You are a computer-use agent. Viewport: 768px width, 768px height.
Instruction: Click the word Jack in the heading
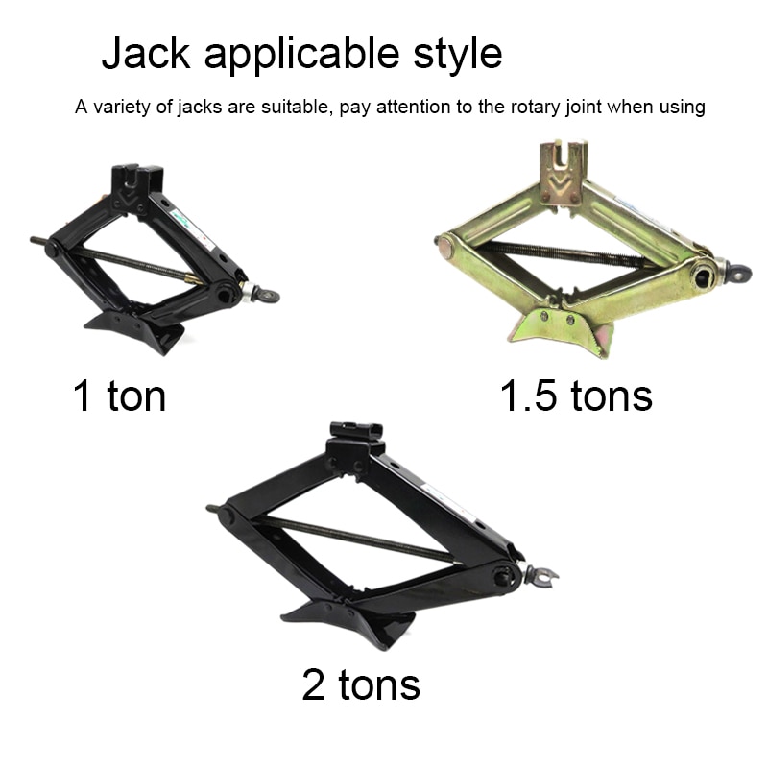[x=146, y=52]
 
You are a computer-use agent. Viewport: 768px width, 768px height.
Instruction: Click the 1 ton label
[x=119, y=395]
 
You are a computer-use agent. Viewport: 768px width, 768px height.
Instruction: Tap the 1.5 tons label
[x=576, y=395]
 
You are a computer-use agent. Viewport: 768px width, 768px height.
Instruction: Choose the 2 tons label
[x=361, y=684]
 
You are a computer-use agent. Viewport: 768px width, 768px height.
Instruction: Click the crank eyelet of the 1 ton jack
[x=268, y=296]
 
